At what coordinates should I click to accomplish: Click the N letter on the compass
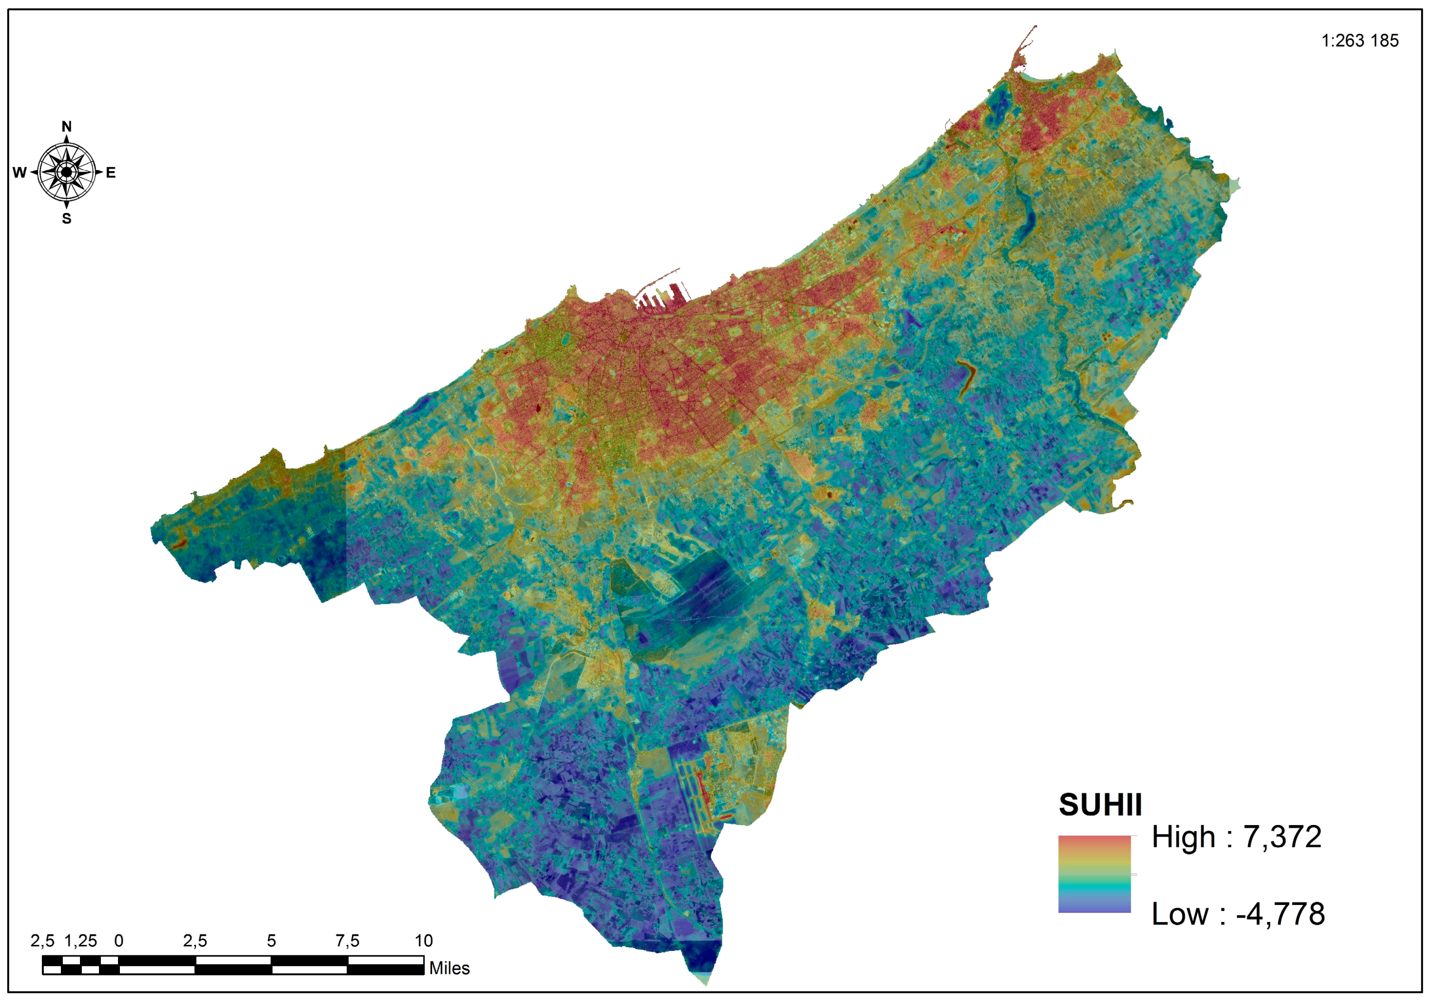pos(67,126)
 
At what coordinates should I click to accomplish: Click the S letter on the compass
pos(67,219)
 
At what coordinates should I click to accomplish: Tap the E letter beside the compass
pos(111,173)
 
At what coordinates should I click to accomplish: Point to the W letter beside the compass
pos(20,173)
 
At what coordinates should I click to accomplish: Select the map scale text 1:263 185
pos(1360,41)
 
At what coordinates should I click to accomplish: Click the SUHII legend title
pos(1100,805)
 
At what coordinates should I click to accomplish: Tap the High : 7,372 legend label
pos(1236,837)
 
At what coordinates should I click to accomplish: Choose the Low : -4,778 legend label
pos(1238,914)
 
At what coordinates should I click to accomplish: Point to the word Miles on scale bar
pos(450,968)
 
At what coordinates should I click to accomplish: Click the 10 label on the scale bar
pos(424,941)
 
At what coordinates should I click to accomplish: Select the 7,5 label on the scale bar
pos(347,941)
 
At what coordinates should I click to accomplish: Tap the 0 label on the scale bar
pos(119,941)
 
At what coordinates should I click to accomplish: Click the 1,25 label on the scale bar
pos(80,941)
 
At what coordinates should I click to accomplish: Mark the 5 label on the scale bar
pos(271,941)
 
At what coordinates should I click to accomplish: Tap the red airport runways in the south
pos(704,797)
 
